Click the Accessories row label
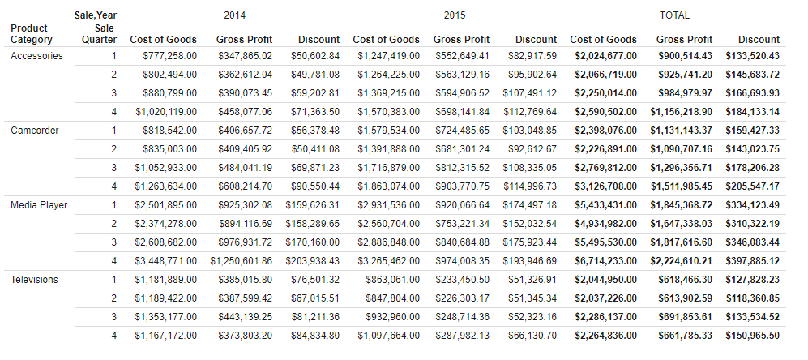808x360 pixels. [x=36, y=56]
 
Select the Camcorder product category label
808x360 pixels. [x=34, y=131]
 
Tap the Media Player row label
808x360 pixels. [x=38, y=205]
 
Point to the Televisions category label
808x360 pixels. [x=35, y=280]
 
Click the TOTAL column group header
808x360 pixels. [x=674, y=15]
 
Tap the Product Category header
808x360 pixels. [x=32, y=34]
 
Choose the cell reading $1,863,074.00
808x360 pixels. [x=389, y=186]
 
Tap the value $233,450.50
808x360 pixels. [x=463, y=280]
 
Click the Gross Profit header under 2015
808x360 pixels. [x=461, y=40]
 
